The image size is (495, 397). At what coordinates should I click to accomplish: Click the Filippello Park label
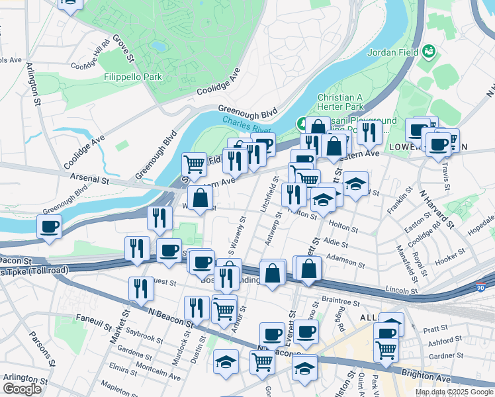tap(133, 77)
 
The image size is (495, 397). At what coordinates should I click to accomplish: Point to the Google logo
tap(22, 389)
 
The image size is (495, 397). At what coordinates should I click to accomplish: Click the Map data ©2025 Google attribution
tap(454, 392)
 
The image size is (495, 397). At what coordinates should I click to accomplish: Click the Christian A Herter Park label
tap(341, 101)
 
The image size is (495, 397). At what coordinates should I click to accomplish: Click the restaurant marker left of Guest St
tap(142, 288)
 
